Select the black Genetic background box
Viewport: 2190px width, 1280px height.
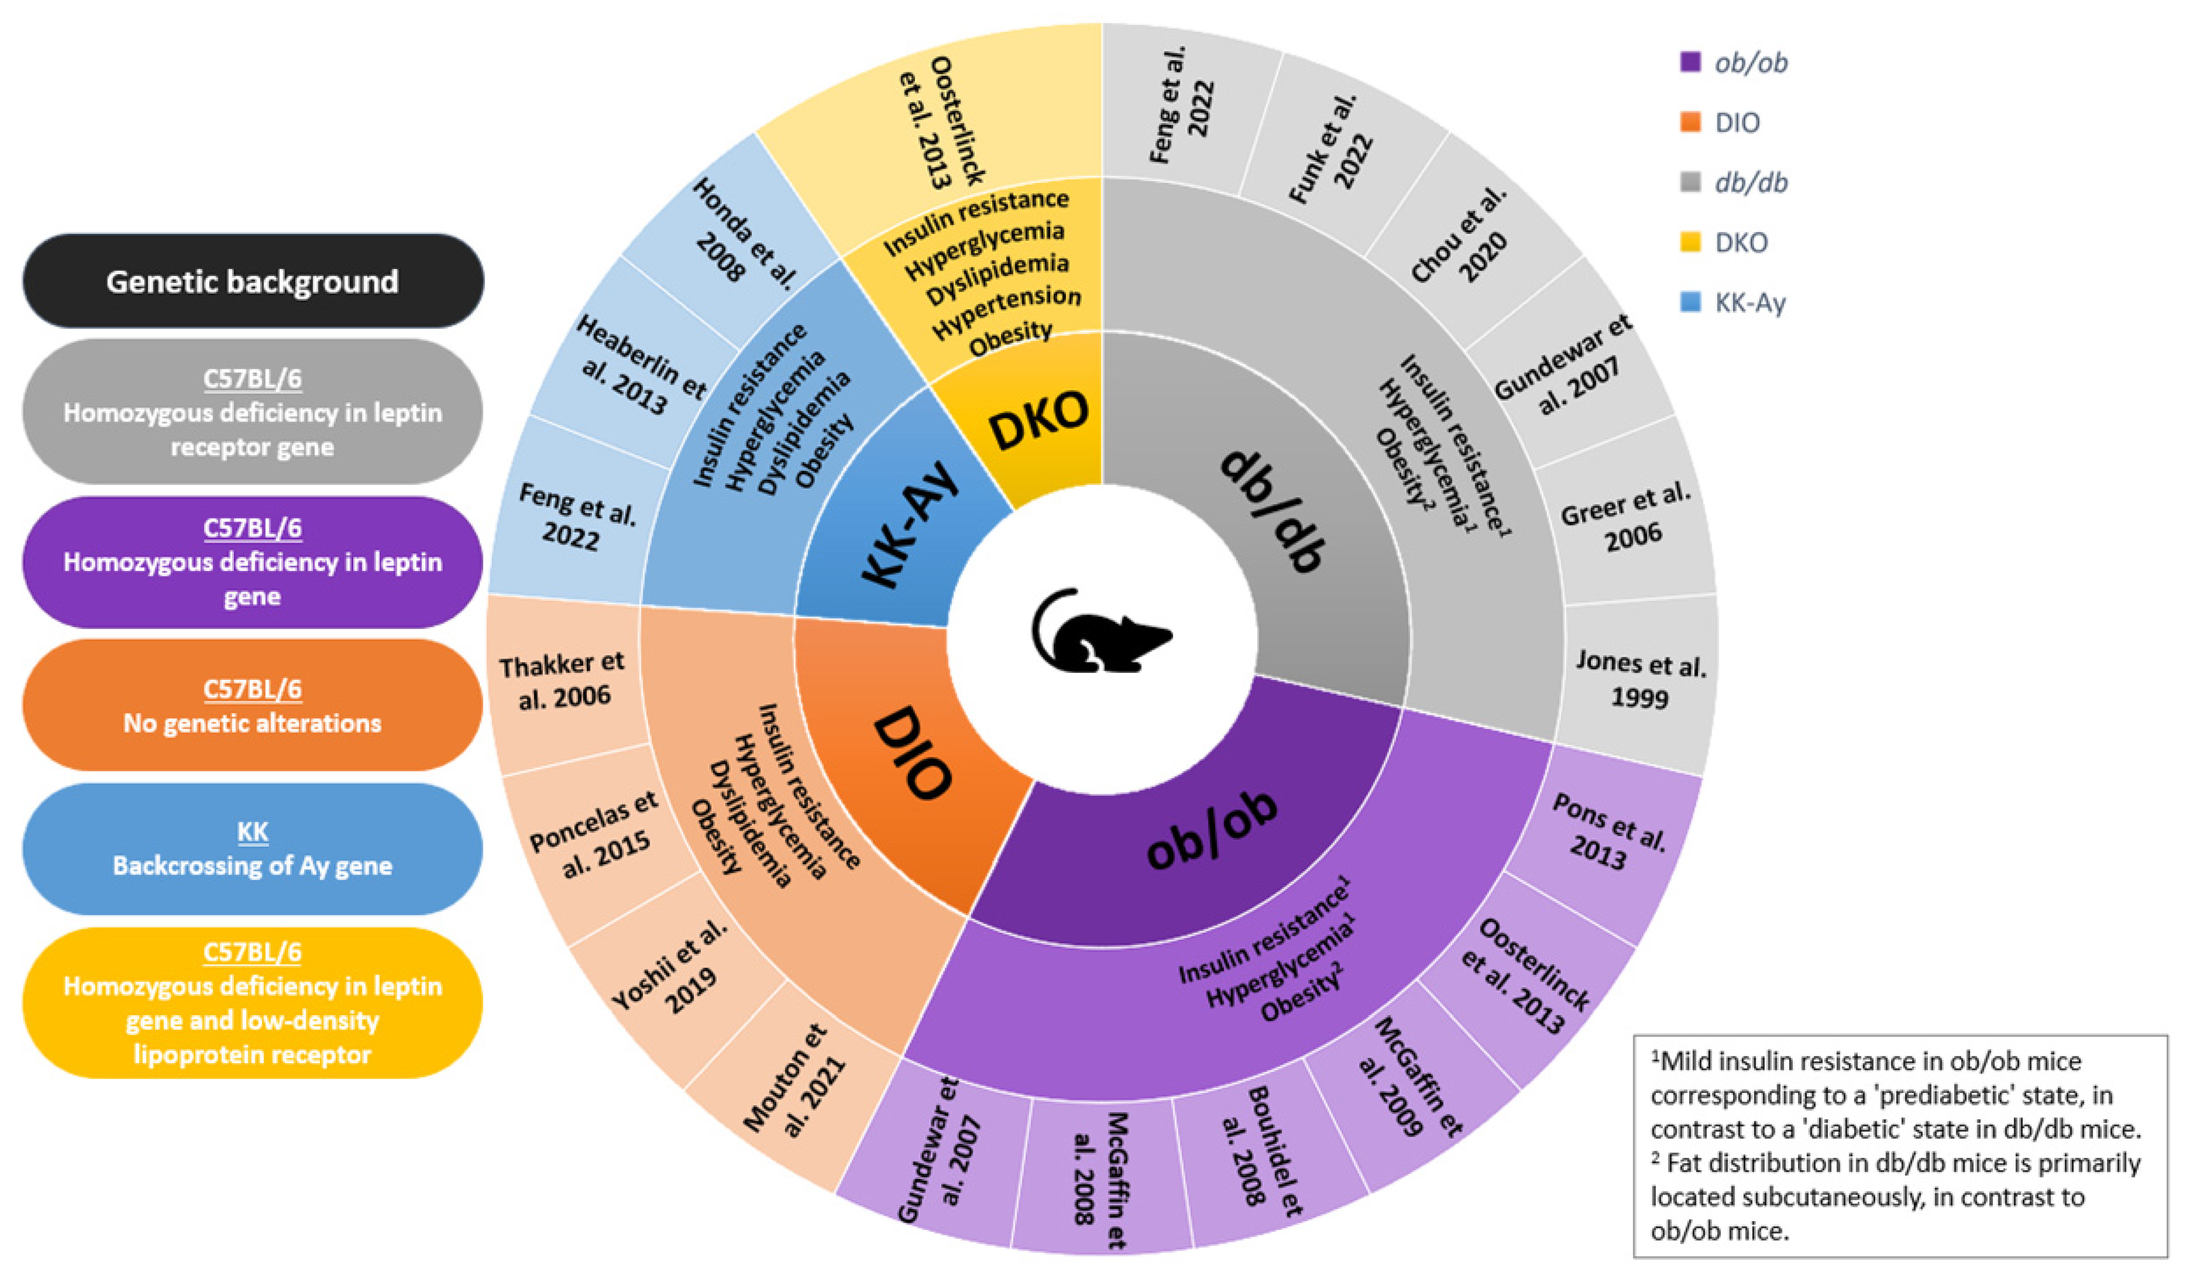[252, 281]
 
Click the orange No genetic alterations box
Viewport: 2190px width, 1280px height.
[252, 705]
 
